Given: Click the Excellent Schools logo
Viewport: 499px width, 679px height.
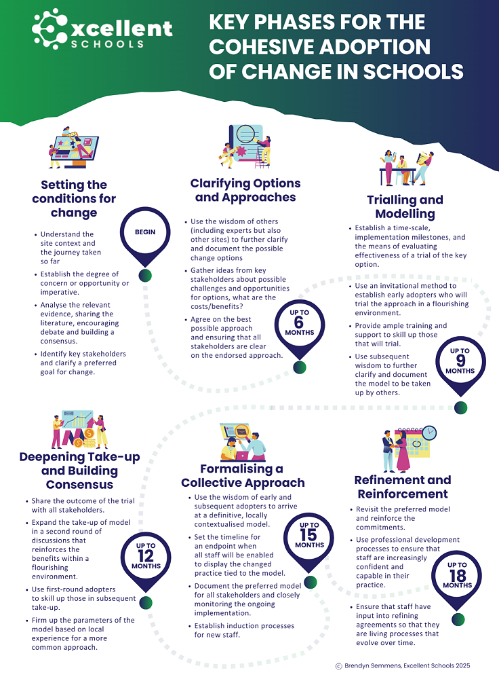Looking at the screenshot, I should (102, 28).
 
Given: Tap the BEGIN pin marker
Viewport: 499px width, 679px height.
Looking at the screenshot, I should (145, 234).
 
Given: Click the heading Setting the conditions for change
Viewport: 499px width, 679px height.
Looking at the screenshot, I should (74, 198).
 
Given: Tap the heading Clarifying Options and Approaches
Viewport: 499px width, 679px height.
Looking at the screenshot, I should (245, 190).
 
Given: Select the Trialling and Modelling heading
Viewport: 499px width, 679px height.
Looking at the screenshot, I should (405, 206).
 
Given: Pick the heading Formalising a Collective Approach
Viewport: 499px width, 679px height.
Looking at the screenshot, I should (243, 475).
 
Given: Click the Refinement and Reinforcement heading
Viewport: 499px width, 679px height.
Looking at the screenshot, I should (401, 486).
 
